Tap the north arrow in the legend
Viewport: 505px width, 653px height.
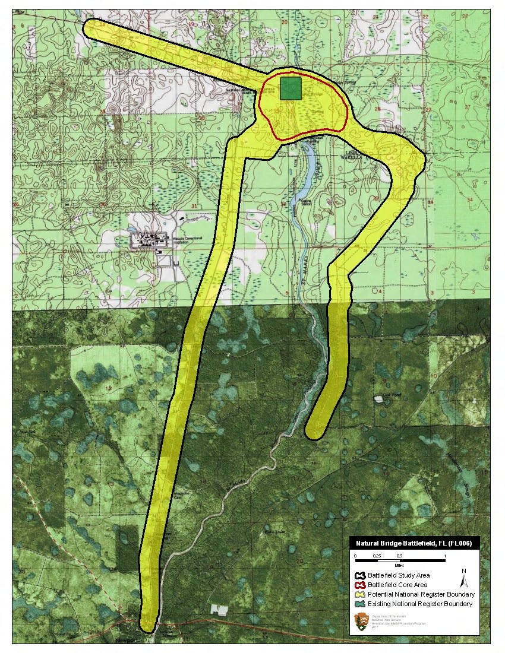(463, 577)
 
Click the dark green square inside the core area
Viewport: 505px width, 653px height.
(291, 88)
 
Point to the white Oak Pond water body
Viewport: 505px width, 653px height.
(378, 398)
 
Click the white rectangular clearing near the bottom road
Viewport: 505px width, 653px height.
(219, 609)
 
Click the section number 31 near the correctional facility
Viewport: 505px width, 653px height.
(178, 206)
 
